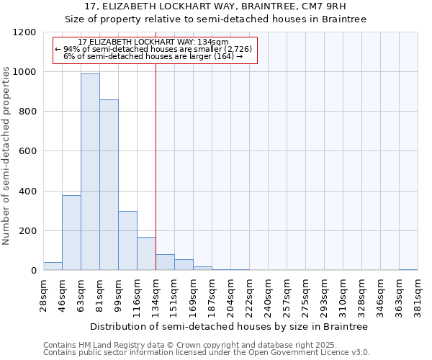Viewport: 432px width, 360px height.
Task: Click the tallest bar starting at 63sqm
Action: point(90,172)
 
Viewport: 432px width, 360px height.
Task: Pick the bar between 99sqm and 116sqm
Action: point(127,240)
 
